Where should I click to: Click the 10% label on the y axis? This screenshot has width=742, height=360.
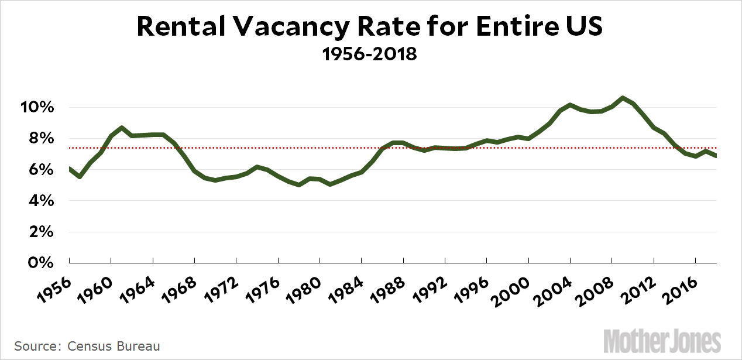[x=39, y=108]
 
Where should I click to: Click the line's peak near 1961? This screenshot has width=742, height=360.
[x=121, y=128]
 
